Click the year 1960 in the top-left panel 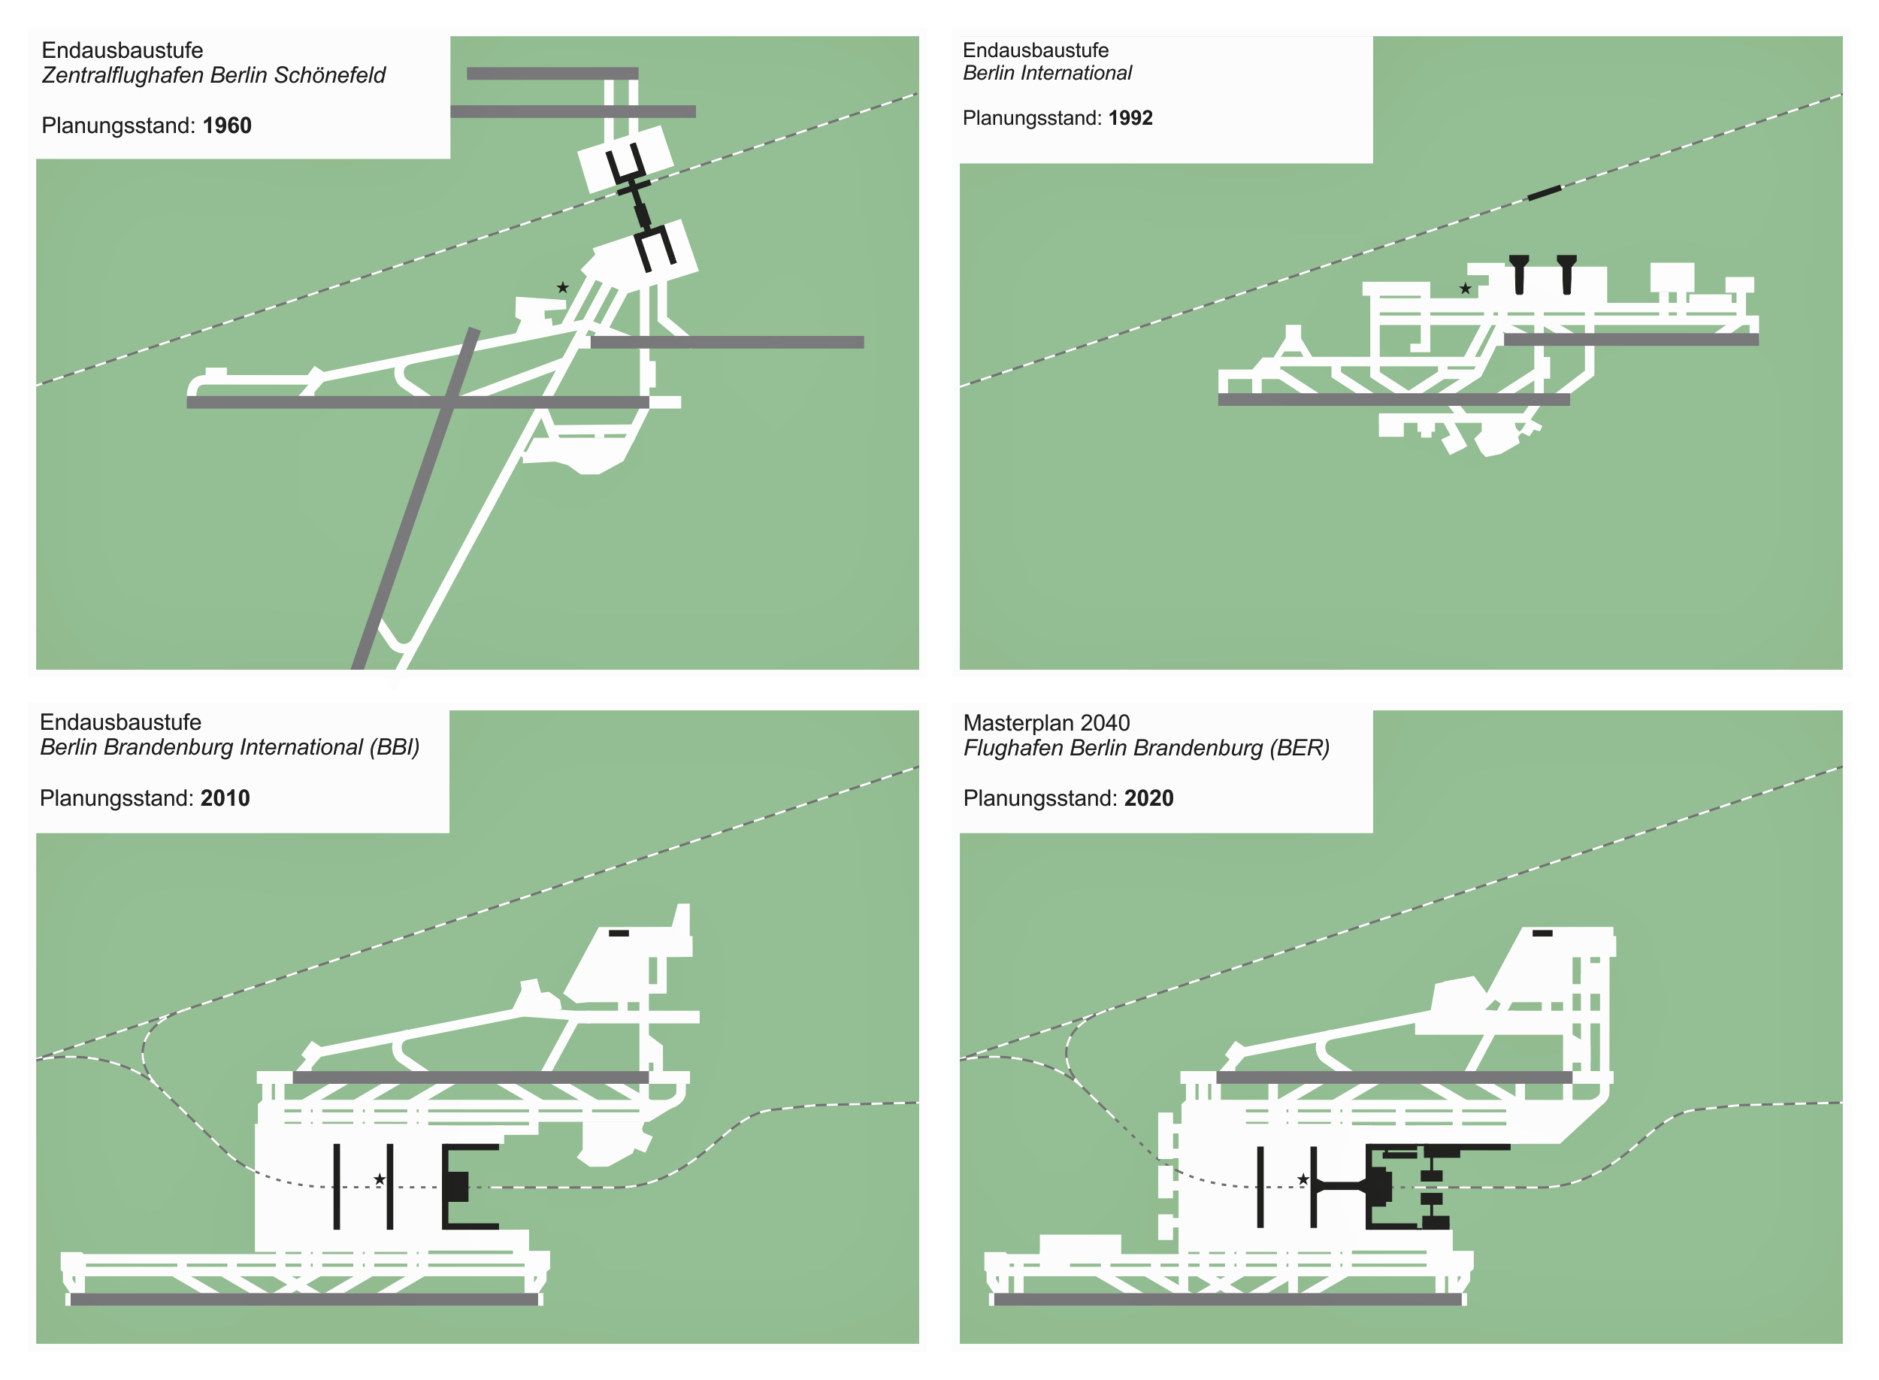pos(226,126)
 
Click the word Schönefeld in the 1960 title pos(330,75)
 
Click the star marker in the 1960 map pos(563,287)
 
